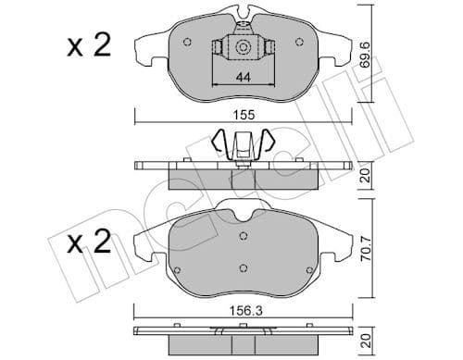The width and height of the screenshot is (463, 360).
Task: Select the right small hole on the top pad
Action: (299, 42)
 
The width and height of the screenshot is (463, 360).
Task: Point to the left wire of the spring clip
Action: (219, 143)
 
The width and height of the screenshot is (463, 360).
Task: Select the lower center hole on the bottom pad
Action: (243, 268)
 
